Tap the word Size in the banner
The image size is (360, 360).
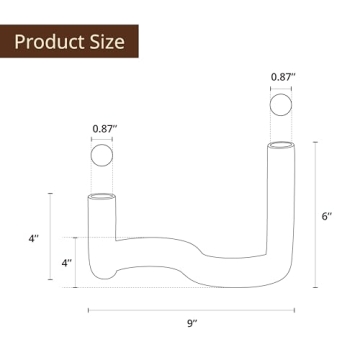point(107,42)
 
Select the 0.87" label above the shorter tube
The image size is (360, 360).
point(104,128)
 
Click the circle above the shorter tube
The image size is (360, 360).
point(104,158)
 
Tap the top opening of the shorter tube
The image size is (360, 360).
point(104,195)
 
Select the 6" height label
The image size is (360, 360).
point(325,216)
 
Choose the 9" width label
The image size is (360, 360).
point(193,322)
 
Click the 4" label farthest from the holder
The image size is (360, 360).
point(33,239)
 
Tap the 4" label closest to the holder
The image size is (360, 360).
point(66,262)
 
